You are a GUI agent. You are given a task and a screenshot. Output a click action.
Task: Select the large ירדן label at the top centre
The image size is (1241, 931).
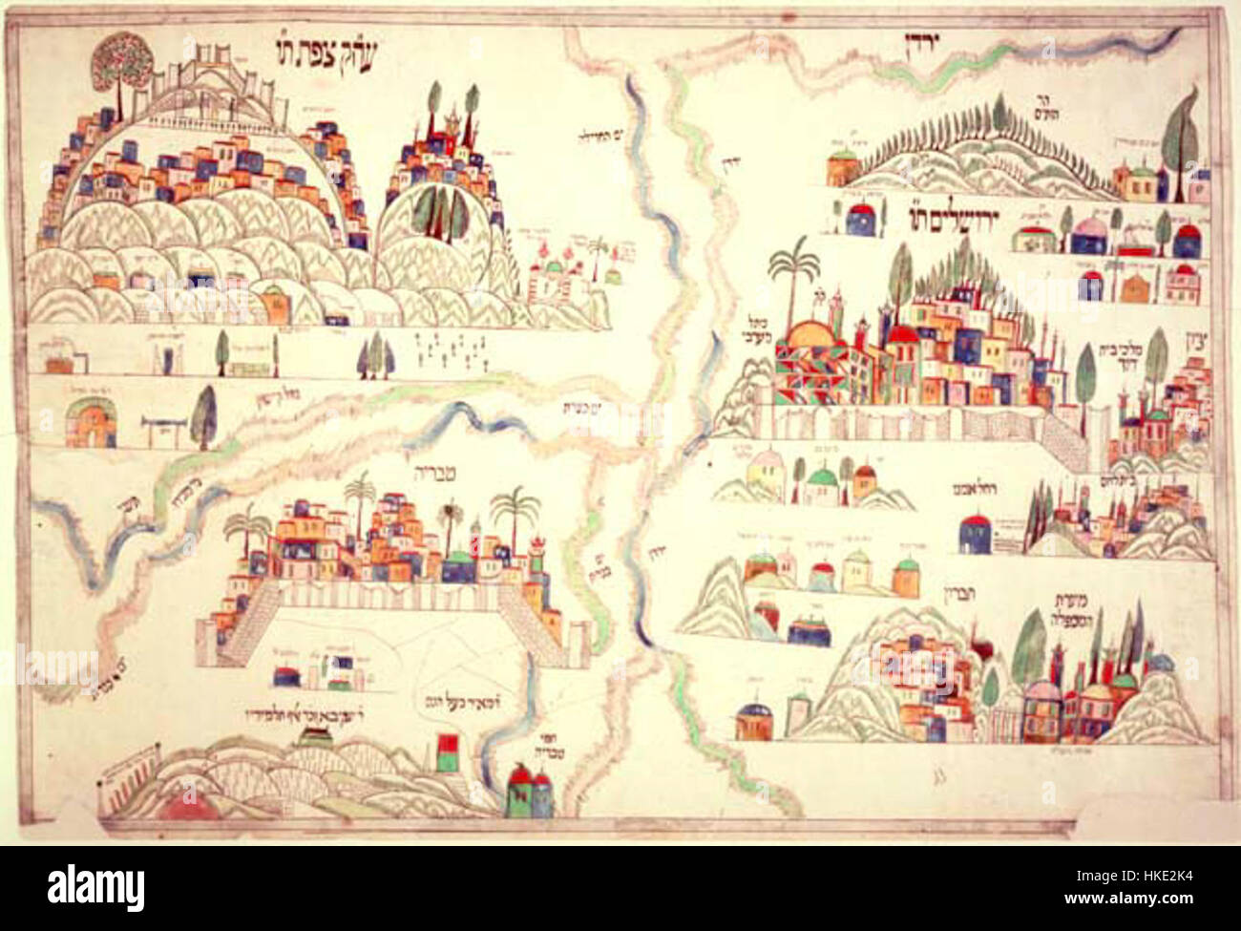tap(915, 40)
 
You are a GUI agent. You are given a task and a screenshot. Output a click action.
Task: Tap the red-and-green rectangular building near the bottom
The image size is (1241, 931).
tap(446, 751)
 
